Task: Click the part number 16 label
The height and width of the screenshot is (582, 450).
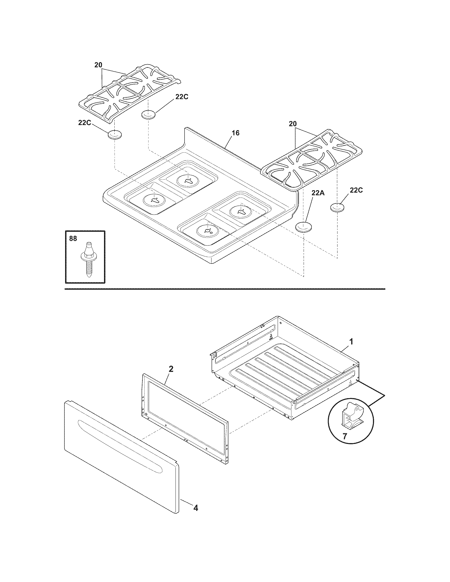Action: point(236,133)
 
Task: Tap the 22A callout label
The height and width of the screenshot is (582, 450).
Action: point(318,193)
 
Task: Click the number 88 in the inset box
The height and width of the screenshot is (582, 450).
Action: point(73,239)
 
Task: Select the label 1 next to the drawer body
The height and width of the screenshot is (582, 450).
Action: point(351,341)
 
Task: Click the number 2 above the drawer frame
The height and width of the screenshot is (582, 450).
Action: point(171,369)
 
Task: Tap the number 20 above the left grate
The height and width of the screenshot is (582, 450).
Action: point(98,65)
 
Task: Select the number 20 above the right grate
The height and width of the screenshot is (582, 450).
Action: point(292,124)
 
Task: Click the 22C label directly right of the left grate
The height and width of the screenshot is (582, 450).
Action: point(182,97)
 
